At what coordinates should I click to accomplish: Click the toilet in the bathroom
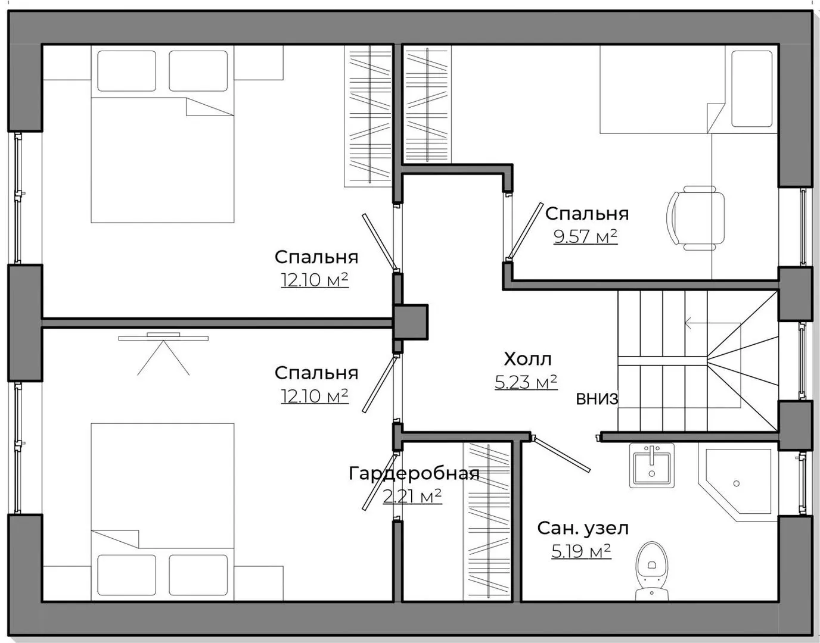pyautogui.click(x=652, y=571)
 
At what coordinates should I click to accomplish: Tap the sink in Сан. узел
pyautogui.click(x=652, y=465)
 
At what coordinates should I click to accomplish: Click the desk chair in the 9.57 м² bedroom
pyautogui.click(x=696, y=219)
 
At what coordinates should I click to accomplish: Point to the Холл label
pyautogui.click(x=527, y=359)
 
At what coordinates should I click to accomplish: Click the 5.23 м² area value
pyautogui.click(x=526, y=382)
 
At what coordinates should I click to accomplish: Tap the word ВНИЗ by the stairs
pyautogui.click(x=597, y=399)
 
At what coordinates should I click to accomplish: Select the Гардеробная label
pyautogui.click(x=414, y=473)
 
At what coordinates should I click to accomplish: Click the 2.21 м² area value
pyautogui.click(x=412, y=496)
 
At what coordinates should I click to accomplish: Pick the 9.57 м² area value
pyautogui.click(x=585, y=236)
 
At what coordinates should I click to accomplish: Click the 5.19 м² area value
pyautogui.click(x=581, y=551)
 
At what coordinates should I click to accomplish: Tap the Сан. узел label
pyautogui.click(x=583, y=528)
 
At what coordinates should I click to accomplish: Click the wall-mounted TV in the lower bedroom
pyautogui.click(x=163, y=337)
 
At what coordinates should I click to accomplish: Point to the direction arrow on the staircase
pyautogui.click(x=713, y=323)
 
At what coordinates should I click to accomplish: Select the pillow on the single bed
pyautogui.click(x=751, y=89)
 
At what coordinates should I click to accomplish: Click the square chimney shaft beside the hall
pyautogui.click(x=411, y=322)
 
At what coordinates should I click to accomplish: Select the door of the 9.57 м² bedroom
pyautogui.click(x=525, y=230)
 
